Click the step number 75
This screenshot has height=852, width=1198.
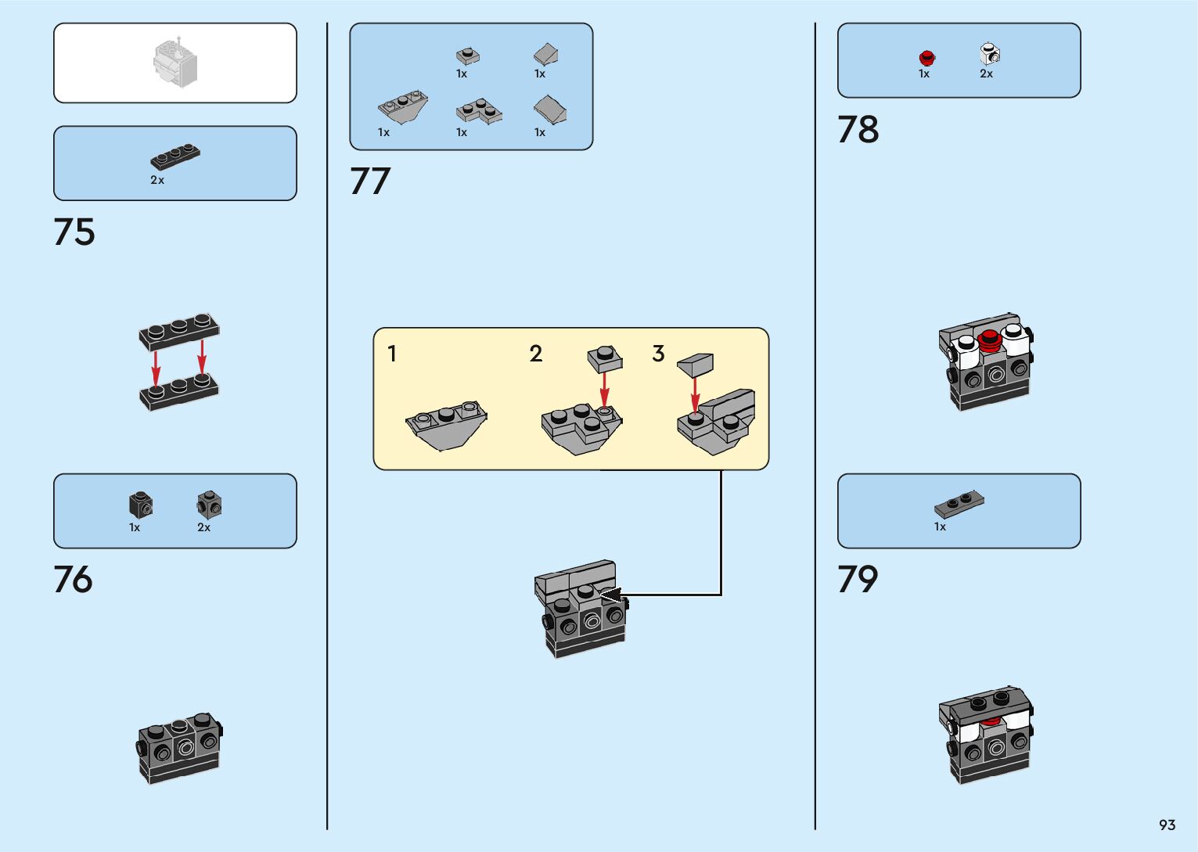coord(74,232)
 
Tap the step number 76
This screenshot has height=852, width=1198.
coord(74,580)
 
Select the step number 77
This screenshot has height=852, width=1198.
coord(370,182)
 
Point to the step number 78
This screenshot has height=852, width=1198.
coord(858,130)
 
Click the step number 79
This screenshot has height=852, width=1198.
coord(858,580)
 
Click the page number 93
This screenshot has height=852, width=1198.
coord(1167,825)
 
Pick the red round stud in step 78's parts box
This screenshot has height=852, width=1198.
coord(927,57)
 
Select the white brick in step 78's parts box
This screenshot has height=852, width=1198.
coord(989,54)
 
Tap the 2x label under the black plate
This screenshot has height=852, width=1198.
coord(157,180)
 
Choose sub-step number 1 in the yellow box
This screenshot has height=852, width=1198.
coord(392,354)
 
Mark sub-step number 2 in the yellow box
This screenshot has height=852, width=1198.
coord(536,354)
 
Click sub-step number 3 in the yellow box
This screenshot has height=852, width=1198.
coord(659,354)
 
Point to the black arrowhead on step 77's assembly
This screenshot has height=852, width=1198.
coord(610,595)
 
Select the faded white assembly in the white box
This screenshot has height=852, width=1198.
coord(175,63)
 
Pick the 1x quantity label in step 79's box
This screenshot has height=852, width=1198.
coord(940,527)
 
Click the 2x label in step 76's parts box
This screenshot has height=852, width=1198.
coord(203,527)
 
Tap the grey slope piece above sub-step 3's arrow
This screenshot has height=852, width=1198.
coord(696,363)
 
